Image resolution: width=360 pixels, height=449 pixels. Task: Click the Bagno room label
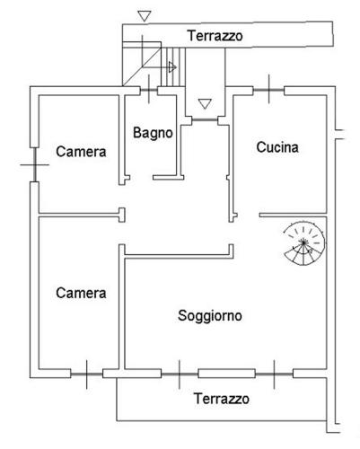click(x=153, y=133)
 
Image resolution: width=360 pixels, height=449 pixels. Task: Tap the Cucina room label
click(x=277, y=147)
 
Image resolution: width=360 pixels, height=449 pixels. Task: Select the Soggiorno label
click(x=210, y=316)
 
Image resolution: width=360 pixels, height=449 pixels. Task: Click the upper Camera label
click(x=81, y=152)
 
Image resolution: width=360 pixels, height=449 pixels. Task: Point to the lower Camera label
click(x=81, y=293)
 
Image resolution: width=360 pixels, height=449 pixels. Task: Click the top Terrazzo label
click(x=215, y=36)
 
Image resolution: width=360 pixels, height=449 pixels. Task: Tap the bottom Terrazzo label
click(x=222, y=399)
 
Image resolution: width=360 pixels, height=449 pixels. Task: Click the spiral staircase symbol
click(x=304, y=243)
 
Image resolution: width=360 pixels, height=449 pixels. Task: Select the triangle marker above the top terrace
click(x=145, y=16)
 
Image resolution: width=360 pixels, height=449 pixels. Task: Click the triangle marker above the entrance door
click(x=205, y=103)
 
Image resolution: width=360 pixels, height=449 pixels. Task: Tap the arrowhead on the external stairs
click(x=172, y=67)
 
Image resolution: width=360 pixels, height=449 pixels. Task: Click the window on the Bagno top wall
click(x=149, y=90)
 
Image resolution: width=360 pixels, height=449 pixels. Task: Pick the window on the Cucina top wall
click(x=268, y=90)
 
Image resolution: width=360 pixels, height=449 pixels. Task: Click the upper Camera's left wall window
click(x=35, y=164)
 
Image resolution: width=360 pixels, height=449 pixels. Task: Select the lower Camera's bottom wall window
click(x=87, y=374)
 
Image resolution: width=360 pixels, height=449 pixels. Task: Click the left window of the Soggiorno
click(x=180, y=374)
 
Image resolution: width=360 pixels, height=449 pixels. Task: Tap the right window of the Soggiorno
click(x=274, y=374)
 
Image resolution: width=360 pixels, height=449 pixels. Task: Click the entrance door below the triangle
click(x=205, y=120)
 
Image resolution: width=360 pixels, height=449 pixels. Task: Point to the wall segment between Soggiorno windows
click(x=227, y=374)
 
